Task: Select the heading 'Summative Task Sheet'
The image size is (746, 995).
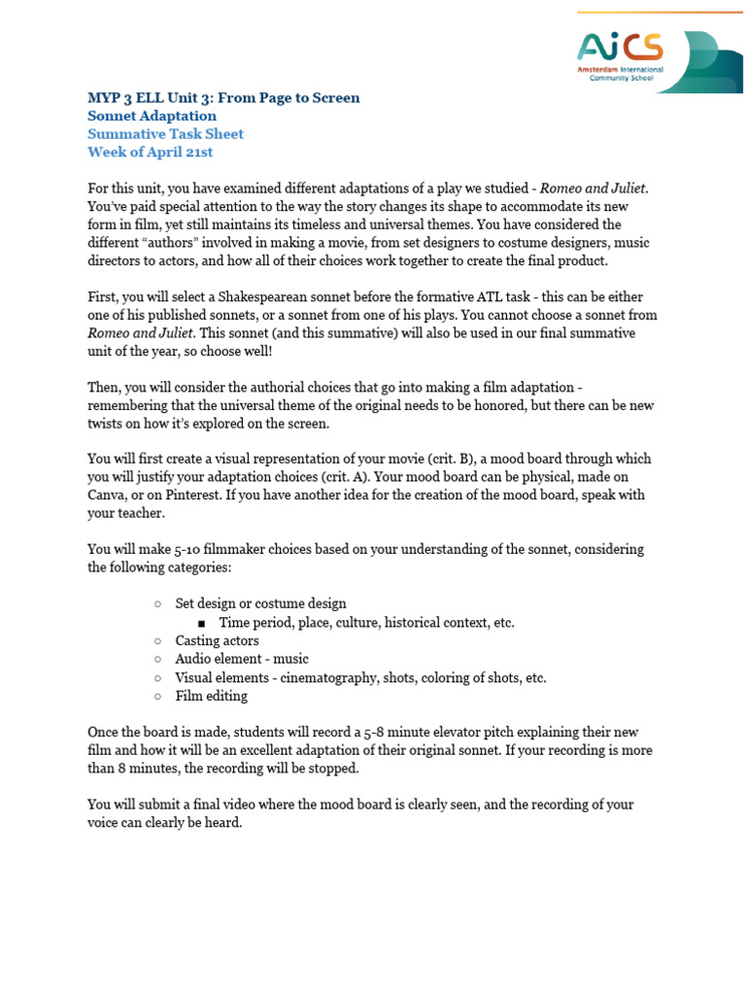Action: [165, 133]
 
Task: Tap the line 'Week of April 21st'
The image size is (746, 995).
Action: [150, 152]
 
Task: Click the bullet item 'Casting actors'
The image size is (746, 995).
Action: [217, 640]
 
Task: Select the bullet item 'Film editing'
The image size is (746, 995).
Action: [211, 696]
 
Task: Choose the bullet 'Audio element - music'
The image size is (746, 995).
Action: [241, 659]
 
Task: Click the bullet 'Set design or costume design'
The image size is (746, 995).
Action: [260, 603]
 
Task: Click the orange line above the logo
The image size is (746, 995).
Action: [660, 13]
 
